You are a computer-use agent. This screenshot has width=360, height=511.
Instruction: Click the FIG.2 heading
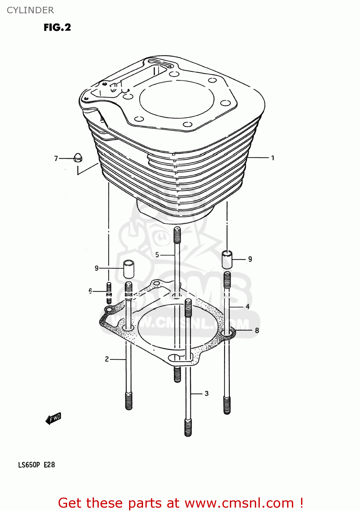pyautogui.click(x=57, y=27)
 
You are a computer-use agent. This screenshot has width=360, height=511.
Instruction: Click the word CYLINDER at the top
pyautogui.click(x=30, y=10)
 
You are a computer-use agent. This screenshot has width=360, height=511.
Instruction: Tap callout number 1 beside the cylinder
pyautogui.click(x=272, y=158)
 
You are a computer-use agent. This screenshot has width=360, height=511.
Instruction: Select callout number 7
pyautogui.click(x=56, y=158)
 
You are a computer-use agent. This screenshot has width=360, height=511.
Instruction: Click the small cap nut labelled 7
pyautogui.click(x=78, y=158)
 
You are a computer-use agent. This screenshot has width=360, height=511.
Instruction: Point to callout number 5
pyautogui.click(x=157, y=254)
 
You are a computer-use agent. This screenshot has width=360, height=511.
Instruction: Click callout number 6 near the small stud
pyautogui.click(x=90, y=291)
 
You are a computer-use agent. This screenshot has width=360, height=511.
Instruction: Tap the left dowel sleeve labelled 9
pyautogui.click(x=128, y=269)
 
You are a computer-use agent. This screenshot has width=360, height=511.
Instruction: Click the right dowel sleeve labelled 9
pyautogui.click(x=227, y=260)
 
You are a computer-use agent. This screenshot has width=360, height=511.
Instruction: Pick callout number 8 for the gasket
pyautogui.click(x=257, y=330)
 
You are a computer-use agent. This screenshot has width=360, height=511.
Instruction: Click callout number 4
pyautogui.click(x=248, y=307)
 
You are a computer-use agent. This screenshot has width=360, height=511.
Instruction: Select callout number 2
pyautogui.click(x=107, y=359)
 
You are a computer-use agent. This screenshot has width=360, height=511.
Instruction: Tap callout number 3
pyautogui.click(x=206, y=393)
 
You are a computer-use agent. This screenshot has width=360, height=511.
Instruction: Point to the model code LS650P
pyautogui.click(x=29, y=465)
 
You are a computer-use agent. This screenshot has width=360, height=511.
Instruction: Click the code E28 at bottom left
pyautogui.click(x=49, y=465)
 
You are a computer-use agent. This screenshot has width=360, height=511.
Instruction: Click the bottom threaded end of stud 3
pyautogui.click(x=188, y=428)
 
